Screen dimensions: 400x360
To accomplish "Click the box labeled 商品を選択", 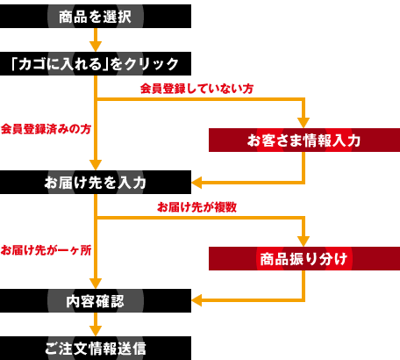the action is pyautogui.click(x=96, y=16).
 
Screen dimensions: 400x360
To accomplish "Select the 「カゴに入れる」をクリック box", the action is pyautogui.click(x=96, y=64).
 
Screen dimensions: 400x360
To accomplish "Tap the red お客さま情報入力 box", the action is pyautogui.click(x=304, y=140).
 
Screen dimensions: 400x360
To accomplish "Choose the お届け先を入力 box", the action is pyautogui.click(x=96, y=182).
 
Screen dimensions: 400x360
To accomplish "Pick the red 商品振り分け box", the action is pyautogui.click(x=304, y=258).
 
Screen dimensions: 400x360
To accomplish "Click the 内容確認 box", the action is pyautogui.click(x=96, y=300).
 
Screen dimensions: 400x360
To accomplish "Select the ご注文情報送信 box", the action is pyautogui.click(x=96, y=349).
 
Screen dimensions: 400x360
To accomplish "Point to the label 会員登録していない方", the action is pyautogui.click(x=196, y=89).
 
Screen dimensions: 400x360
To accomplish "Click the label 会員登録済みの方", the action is pyautogui.click(x=46, y=129).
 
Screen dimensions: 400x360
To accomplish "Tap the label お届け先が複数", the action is pyautogui.click(x=196, y=207).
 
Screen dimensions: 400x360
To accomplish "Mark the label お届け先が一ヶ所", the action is pyautogui.click(x=46, y=250).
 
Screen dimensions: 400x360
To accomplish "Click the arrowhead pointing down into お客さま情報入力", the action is pyautogui.click(x=304, y=123).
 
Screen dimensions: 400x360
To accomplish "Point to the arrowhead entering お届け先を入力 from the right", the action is pyautogui.click(x=196, y=183).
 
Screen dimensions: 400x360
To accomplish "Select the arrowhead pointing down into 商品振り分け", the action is pyautogui.click(x=304, y=241).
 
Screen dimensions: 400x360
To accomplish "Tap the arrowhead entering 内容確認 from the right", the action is pyautogui.click(x=196, y=300).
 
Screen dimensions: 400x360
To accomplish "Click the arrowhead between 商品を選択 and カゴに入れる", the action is pyautogui.click(x=96, y=47).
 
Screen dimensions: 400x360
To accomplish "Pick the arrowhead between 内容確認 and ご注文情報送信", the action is pyautogui.click(x=96, y=331).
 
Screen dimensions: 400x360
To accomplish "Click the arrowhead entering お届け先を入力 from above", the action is pyautogui.click(x=96, y=165).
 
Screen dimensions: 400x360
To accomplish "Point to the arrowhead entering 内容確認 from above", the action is pyautogui.click(x=96, y=284).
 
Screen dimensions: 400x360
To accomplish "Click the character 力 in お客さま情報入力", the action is pyautogui.click(x=354, y=140).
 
